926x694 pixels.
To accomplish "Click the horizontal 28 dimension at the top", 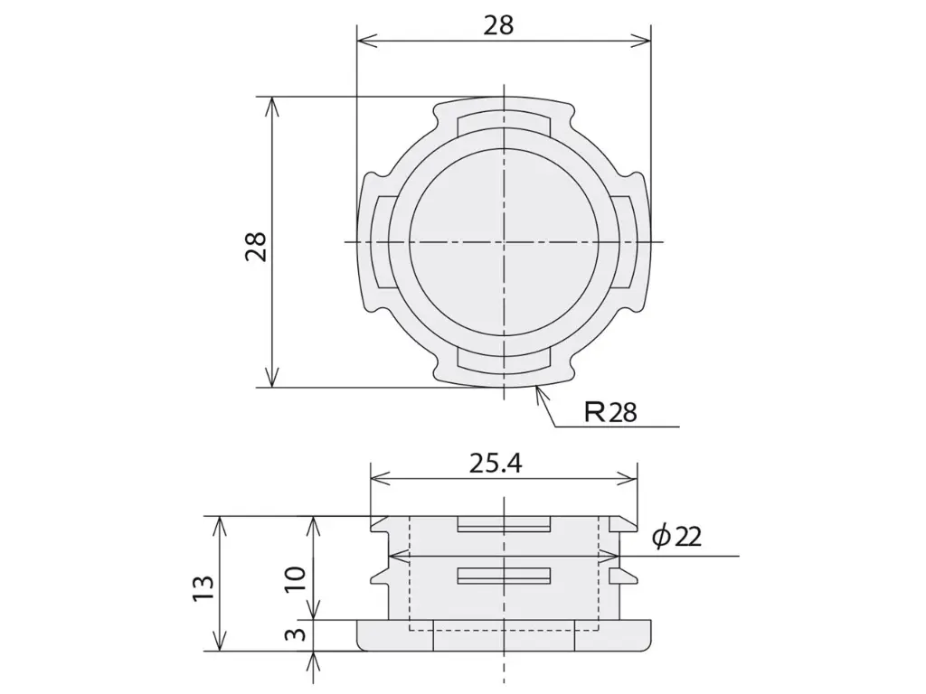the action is coord(499,26).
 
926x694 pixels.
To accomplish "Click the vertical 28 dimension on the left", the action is coord(257,246).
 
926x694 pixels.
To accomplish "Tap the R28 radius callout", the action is coord(610,412).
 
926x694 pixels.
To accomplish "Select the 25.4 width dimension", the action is coord(496,464).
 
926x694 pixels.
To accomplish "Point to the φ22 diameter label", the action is coord(676,537).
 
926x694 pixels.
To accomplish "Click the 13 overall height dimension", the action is coord(202,589).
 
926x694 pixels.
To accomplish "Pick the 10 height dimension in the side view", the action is coord(296,579).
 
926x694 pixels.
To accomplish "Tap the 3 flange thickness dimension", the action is coord(296,635).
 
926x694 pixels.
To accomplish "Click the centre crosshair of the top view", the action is coord(503,242).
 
